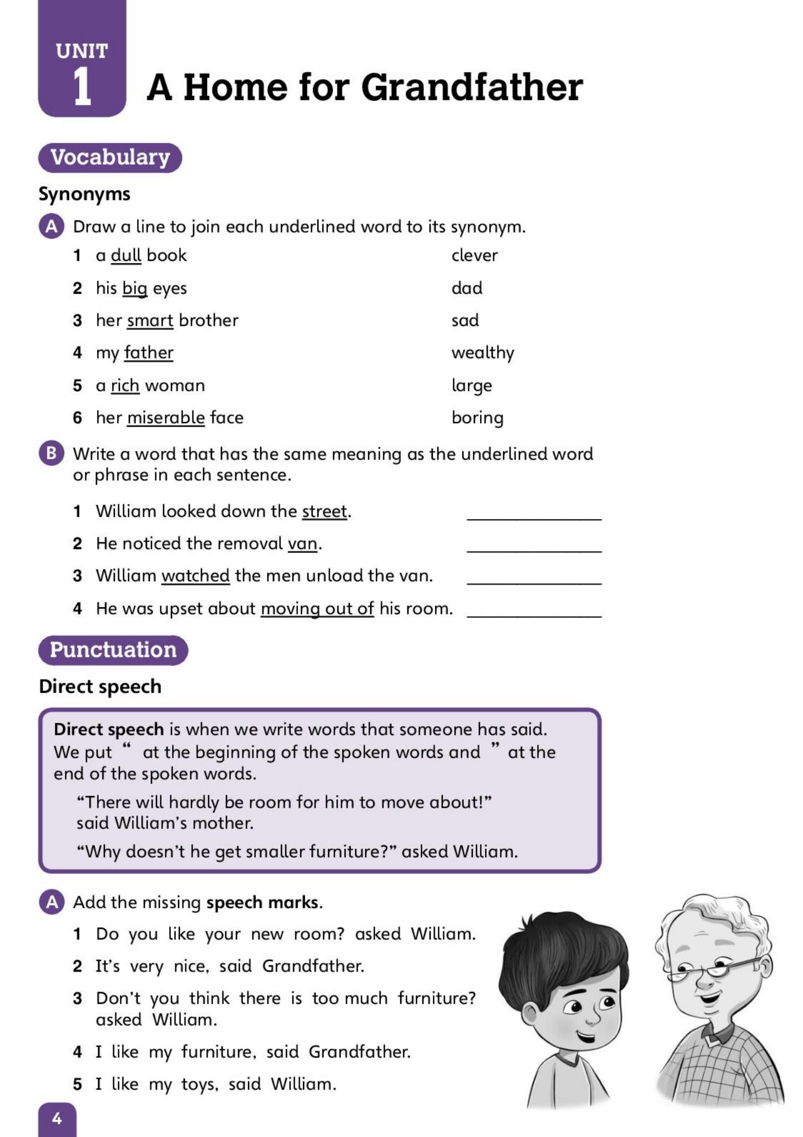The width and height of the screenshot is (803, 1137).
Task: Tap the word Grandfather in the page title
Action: pyautogui.click(x=472, y=87)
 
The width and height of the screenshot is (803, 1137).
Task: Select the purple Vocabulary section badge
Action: pyautogui.click(x=110, y=157)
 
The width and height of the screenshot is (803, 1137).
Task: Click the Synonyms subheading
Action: pyautogui.click(x=84, y=194)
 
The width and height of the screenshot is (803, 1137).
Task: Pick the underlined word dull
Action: pyautogui.click(x=126, y=255)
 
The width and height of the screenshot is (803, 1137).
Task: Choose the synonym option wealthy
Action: pyautogui.click(x=482, y=353)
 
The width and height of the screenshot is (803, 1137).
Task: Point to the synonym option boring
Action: pyautogui.click(x=477, y=417)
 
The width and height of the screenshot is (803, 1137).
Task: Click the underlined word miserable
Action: pyautogui.click(x=166, y=417)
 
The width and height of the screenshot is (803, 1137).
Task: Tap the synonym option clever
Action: pyautogui.click(x=474, y=255)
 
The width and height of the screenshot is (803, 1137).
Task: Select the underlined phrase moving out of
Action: pyautogui.click(x=317, y=608)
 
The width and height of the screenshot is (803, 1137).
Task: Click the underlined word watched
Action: pyautogui.click(x=195, y=576)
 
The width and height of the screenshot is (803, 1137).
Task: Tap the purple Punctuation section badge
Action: pyautogui.click(x=113, y=650)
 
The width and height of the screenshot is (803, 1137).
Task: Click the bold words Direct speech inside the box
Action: pyautogui.click(x=109, y=729)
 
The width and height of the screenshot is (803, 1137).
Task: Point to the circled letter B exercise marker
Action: pyautogui.click(x=51, y=454)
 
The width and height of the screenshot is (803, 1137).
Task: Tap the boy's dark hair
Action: pyautogui.click(x=560, y=949)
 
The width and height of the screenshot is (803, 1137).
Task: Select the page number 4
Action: pyautogui.click(x=57, y=1118)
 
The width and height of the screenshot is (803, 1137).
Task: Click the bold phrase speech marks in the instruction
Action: pyautogui.click(x=262, y=902)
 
